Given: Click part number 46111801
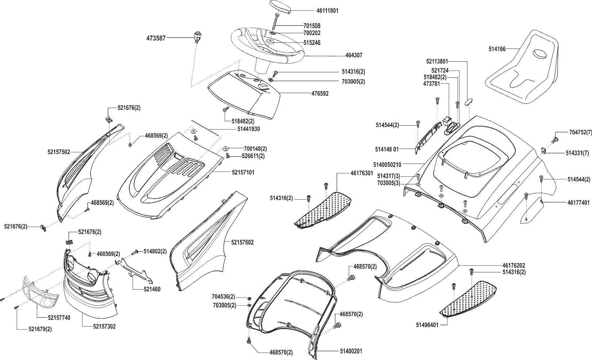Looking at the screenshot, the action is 327,11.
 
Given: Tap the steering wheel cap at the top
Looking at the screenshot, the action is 280,7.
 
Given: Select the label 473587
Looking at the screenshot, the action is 156,38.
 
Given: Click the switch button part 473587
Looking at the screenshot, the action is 196,37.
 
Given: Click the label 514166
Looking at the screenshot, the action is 497,49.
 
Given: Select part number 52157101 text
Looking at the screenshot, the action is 243,172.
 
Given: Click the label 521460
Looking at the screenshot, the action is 152,290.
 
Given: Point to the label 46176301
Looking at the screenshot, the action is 362,173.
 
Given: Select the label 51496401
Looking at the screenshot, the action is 427,325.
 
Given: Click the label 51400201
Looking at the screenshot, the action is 351,351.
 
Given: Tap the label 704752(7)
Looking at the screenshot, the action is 580,133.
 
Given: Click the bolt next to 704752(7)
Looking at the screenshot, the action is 555,139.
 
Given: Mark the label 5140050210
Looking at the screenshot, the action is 387,165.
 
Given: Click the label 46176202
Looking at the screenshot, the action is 514,265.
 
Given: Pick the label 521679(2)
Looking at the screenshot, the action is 40,329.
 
